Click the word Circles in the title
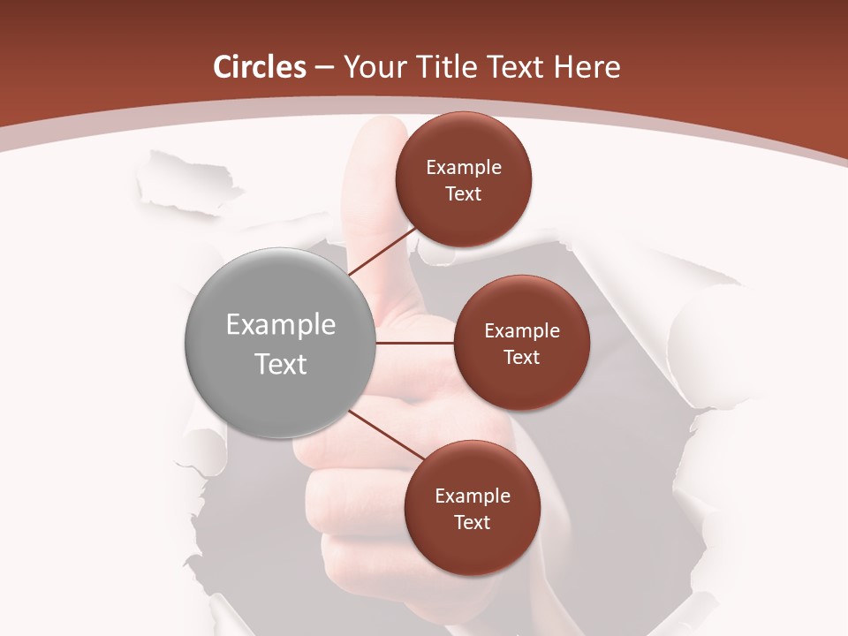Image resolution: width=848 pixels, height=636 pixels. (x=259, y=67)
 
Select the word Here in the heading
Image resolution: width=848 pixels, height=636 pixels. (x=587, y=67)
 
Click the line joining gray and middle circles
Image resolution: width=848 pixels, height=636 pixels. (x=415, y=343)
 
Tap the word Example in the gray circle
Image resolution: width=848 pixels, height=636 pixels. (x=281, y=325)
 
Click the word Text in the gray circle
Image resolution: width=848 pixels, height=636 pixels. (x=281, y=364)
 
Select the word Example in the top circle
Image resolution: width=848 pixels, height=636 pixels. (x=464, y=167)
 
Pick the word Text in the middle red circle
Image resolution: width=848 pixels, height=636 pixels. (x=521, y=357)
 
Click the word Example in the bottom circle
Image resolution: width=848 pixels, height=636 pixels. (x=473, y=496)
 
